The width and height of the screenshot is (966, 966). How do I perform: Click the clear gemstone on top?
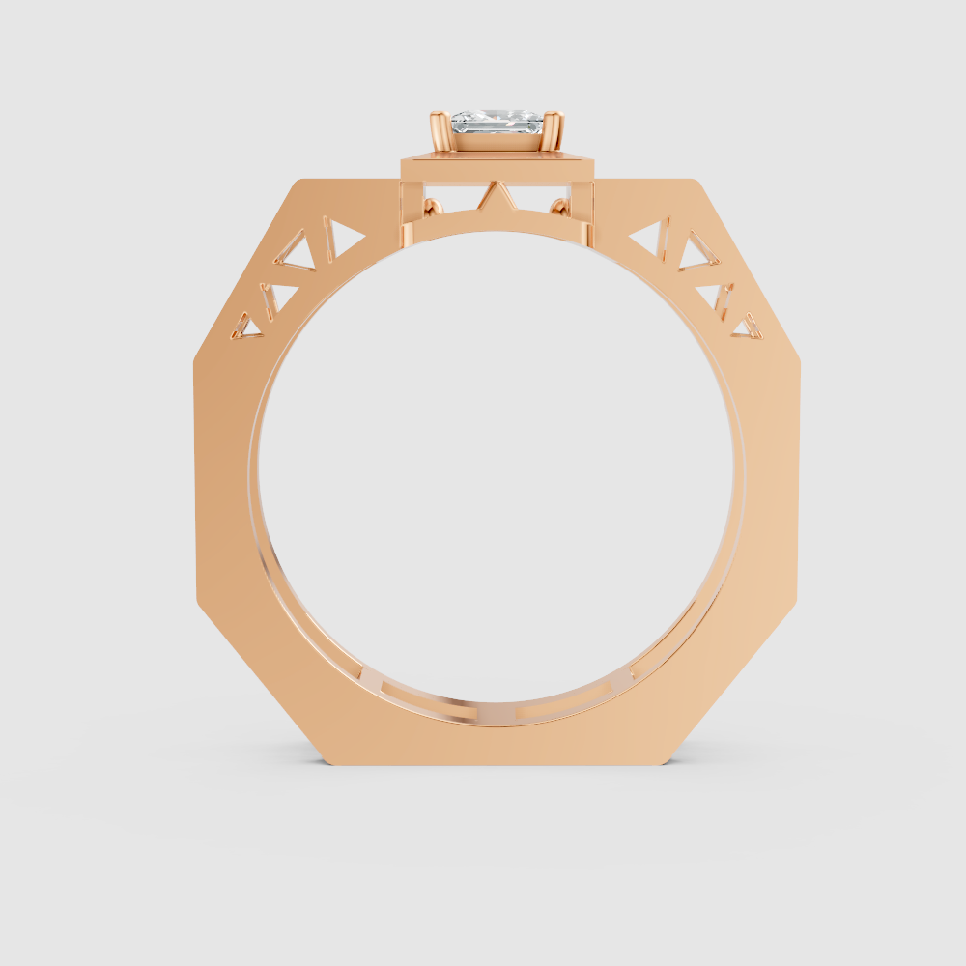(x=497, y=123)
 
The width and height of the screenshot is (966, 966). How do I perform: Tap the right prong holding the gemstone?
(x=555, y=131)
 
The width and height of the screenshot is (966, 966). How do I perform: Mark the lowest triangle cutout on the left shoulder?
(x=247, y=326)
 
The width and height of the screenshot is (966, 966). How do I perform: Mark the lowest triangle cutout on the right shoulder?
(x=747, y=327)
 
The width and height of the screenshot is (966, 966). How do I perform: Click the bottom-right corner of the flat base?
(x=668, y=763)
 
